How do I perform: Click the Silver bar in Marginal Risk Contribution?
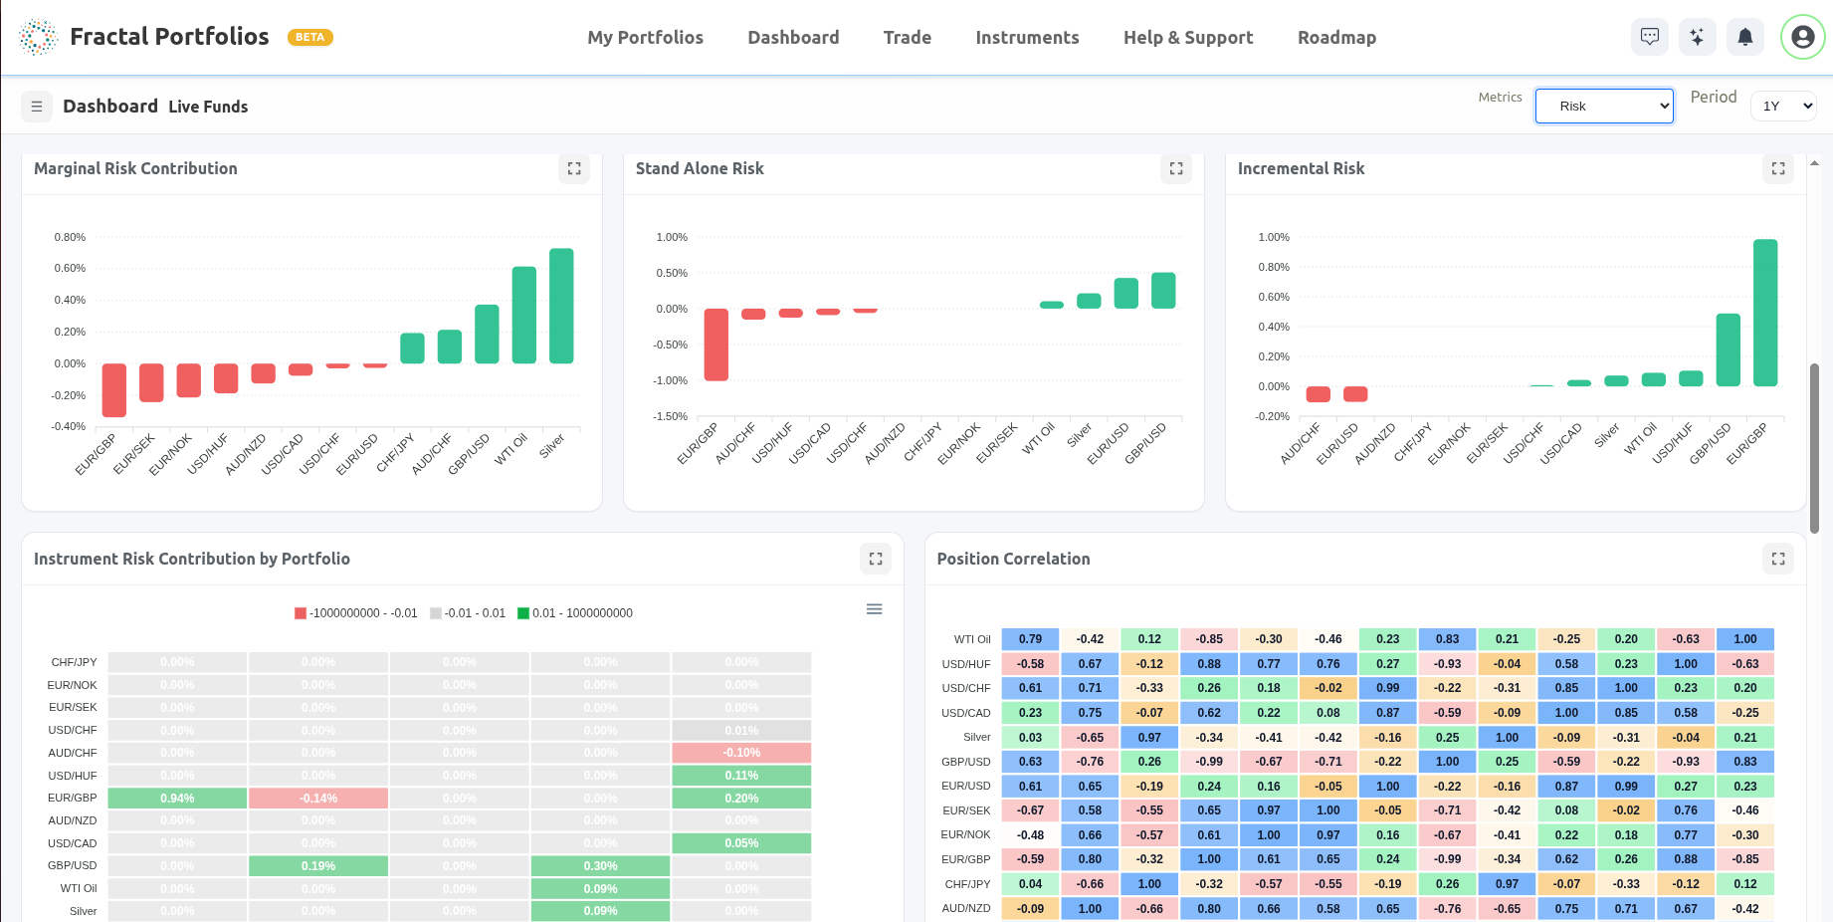pyautogui.click(x=561, y=306)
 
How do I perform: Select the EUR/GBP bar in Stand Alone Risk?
pyautogui.click(x=715, y=345)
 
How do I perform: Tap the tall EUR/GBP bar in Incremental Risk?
pyautogui.click(x=1765, y=313)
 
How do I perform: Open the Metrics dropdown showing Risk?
pyautogui.click(x=1603, y=107)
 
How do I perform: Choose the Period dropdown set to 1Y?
pyautogui.click(x=1783, y=107)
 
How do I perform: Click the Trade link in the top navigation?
pyautogui.click(x=907, y=38)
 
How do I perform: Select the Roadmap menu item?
pyautogui.click(x=1335, y=38)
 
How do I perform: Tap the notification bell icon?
pyautogui.click(x=1744, y=38)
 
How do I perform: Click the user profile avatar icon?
pyautogui.click(x=1802, y=38)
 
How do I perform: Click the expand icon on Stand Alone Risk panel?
pyautogui.click(x=1175, y=169)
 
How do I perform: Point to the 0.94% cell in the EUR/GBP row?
pyautogui.click(x=177, y=799)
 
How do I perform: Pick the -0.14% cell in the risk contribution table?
pyautogui.click(x=318, y=799)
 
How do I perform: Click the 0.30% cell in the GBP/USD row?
pyautogui.click(x=600, y=866)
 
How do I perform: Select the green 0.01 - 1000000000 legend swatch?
pyautogui.click(x=523, y=613)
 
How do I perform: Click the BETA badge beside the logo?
pyautogui.click(x=309, y=38)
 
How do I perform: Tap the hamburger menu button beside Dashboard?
pyautogui.click(x=37, y=107)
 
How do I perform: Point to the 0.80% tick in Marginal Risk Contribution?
pyautogui.click(x=70, y=237)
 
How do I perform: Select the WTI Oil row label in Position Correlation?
pyautogui.click(x=971, y=639)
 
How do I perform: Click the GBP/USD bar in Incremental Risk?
pyautogui.click(x=1728, y=349)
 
